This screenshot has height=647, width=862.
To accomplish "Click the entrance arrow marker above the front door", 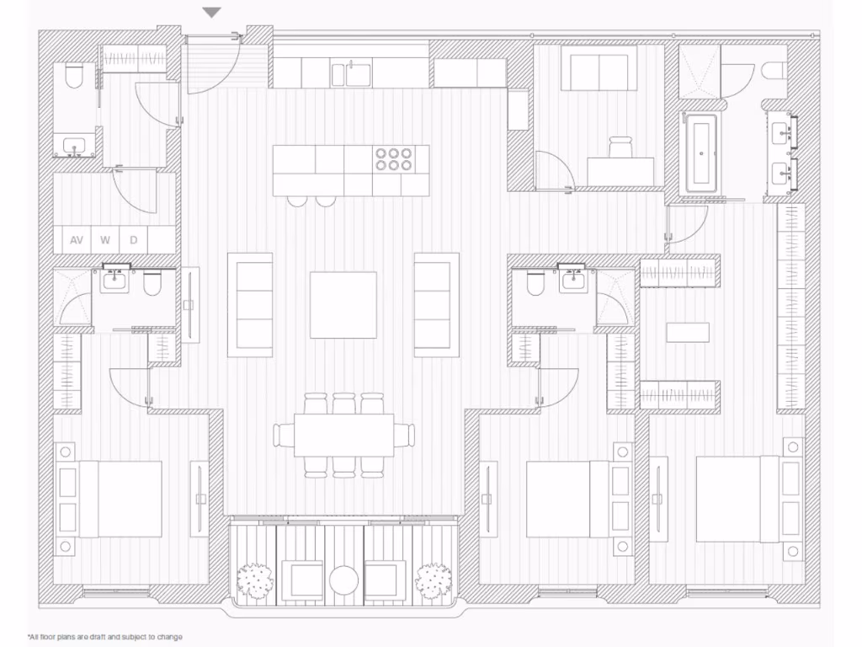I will [212, 13].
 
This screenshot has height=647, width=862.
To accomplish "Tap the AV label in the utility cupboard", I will [77, 240].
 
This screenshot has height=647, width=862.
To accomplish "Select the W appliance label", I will [105, 240].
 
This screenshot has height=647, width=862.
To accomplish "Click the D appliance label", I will [133, 240].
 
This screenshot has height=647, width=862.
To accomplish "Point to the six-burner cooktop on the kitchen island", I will [393, 159].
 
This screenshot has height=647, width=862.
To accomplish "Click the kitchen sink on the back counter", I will [352, 74].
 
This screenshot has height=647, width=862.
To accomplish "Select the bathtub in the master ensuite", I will [700, 154].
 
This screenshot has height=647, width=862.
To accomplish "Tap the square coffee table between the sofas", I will [343, 304].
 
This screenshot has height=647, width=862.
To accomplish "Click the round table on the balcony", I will [344, 580].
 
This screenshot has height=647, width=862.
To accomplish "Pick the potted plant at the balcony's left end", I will [254, 580].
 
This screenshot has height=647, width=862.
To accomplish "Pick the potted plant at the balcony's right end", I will [434, 580].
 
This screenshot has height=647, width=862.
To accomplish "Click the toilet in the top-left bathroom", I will [73, 78].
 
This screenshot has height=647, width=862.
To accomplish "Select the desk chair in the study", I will [620, 147].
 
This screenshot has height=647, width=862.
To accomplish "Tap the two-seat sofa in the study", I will [598, 72].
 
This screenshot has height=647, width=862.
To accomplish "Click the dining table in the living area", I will [343, 435].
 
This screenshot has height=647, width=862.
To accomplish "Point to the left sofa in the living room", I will [250, 304].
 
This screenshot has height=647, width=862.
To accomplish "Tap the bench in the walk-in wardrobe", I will [688, 332].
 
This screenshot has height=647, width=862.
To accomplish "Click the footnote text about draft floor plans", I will [105, 637].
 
